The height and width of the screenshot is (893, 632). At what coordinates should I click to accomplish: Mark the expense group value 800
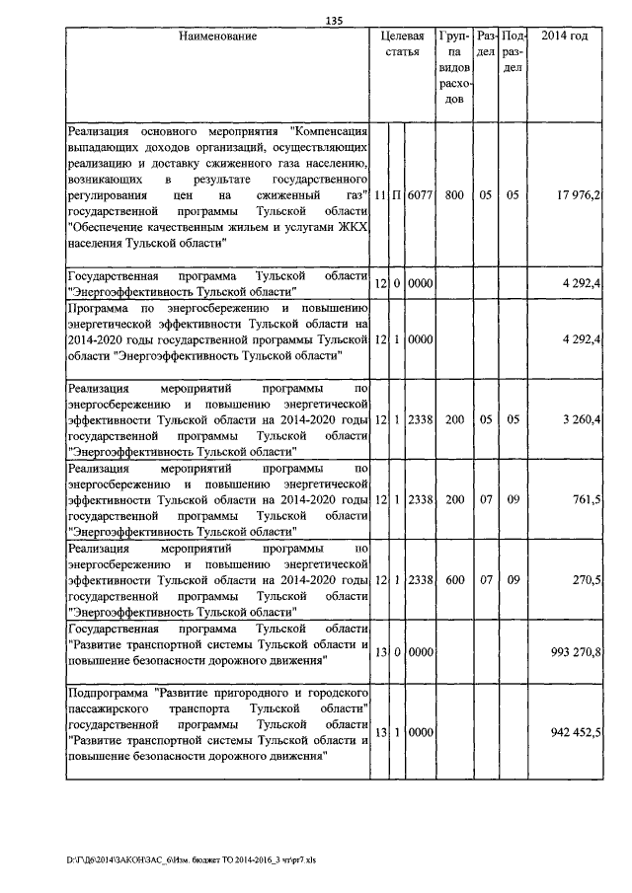[454, 195]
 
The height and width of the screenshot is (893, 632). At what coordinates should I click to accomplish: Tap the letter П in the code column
[397, 195]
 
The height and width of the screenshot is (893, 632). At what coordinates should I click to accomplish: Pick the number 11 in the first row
[380, 195]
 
